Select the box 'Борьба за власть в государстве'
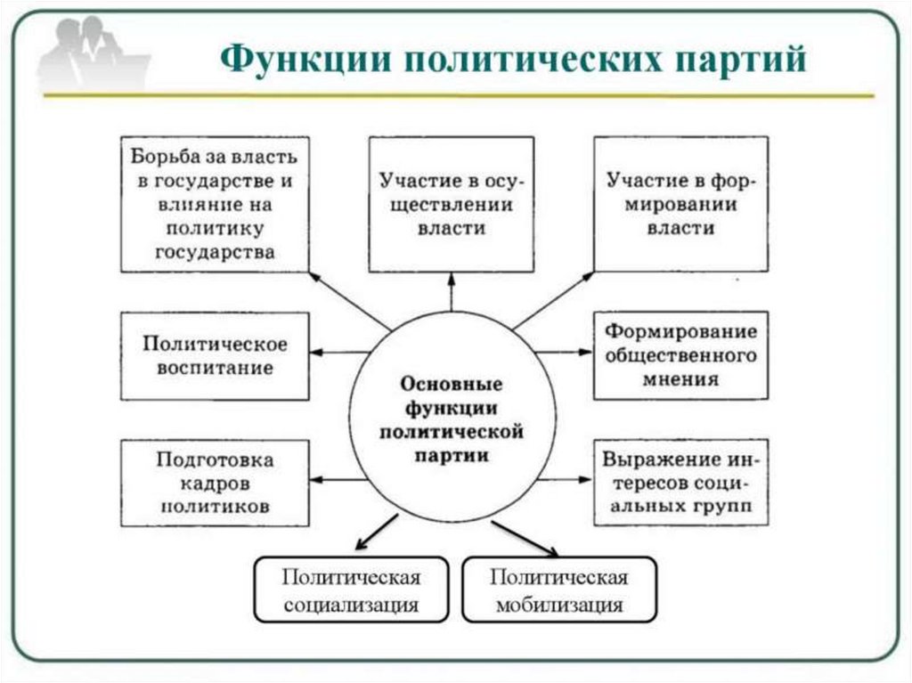click(215, 203)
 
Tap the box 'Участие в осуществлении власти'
click(451, 203)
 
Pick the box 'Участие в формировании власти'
click(681, 203)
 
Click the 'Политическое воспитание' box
click(215, 354)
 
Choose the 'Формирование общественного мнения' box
click(681, 354)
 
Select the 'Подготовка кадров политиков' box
click(215, 483)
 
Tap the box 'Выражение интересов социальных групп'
click(681, 483)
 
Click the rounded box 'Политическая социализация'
click(351, 589)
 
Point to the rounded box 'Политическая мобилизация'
click(559, 589)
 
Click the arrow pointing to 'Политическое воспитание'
click(339, 353)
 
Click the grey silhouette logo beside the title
click(94, 55)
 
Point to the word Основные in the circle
click(452, 386)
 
